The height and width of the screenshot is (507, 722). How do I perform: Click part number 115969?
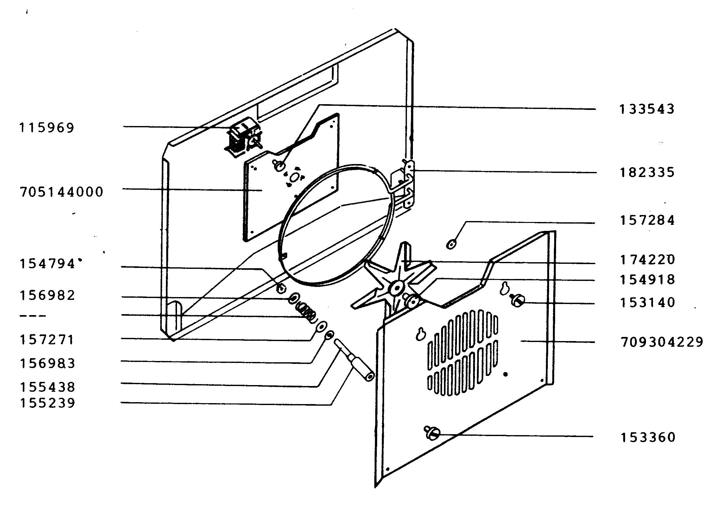tap(47, 128)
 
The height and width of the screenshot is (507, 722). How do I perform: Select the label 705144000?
tap(62, 192)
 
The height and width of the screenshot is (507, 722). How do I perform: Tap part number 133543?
tap(647, 109)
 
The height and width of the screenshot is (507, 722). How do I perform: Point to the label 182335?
tap(647, 173)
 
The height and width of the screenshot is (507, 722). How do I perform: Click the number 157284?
tap(647, 220)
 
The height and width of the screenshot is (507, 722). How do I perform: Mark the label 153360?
tap(648, 437)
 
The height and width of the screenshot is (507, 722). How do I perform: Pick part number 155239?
tap(47, 403)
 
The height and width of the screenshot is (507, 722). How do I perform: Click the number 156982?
tap(47, 295)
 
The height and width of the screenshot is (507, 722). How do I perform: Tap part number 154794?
tap(47, 264)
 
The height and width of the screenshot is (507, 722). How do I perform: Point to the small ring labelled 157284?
tap(452, 244)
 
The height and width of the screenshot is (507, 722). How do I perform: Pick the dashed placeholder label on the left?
tap(33, 316)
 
